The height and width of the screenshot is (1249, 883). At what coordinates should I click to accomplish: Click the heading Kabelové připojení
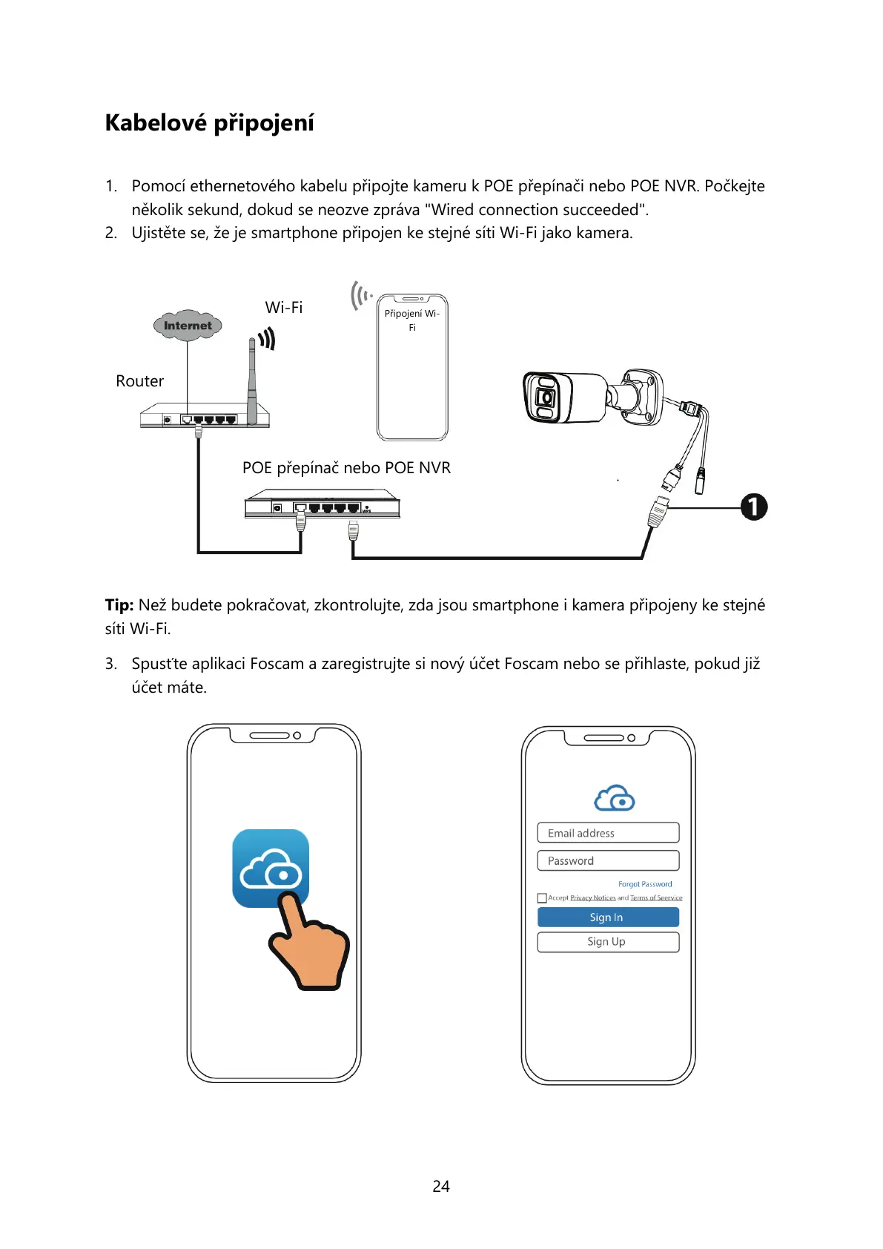tap(209, 123)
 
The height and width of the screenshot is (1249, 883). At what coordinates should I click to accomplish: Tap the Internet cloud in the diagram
tap(188, 326)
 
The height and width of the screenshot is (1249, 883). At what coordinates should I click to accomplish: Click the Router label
tap(139, 381)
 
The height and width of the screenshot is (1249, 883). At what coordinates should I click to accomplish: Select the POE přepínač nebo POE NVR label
tap(346, 468)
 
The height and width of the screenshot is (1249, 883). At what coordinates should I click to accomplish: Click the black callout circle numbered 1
tap(754, 507)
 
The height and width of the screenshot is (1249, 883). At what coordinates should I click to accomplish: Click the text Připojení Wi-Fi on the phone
tap(412, 320)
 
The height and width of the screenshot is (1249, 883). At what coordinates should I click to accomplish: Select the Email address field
tap(608, 833)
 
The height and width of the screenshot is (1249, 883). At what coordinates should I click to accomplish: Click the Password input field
tap(608, 860)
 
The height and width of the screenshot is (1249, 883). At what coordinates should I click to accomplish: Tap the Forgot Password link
tap(645, 884)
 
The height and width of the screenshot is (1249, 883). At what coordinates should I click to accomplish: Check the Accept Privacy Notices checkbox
tap(542, 898)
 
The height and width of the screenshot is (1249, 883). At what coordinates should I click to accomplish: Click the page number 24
tap(441, 1187)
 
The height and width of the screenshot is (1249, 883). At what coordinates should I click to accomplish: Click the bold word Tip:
tap(119, 605)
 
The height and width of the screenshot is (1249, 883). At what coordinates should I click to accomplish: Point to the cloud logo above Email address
tap(615, 798)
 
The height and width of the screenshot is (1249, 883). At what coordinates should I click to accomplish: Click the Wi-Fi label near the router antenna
tap(284, 308)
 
